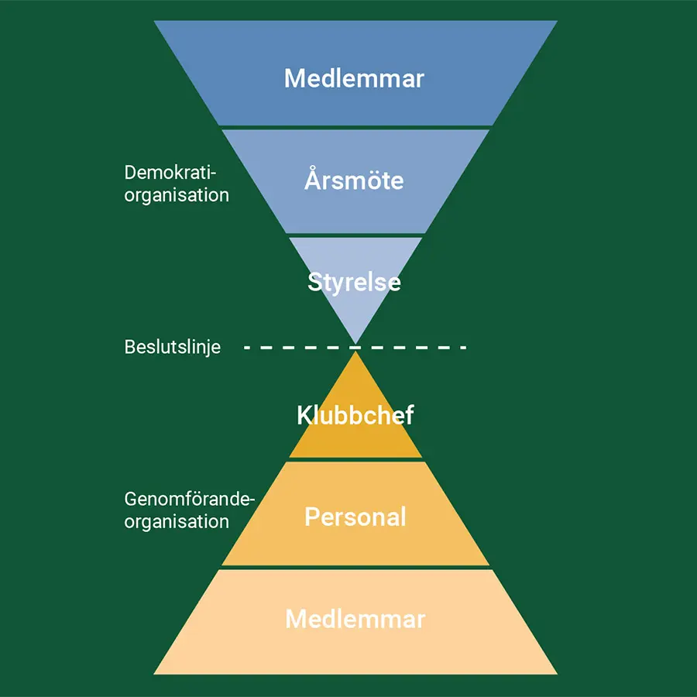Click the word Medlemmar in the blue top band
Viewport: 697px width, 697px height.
[x=354, y=78]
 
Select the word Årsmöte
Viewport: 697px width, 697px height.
[x=354, y=180]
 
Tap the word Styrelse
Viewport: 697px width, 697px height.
[x=354, y=281]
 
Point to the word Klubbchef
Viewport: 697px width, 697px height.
[x=355, y=415]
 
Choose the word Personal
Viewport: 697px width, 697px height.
[x=355, y=517]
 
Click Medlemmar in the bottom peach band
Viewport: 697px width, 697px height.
[x=355, y=619]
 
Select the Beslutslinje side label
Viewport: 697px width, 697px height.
[x=172, y=347]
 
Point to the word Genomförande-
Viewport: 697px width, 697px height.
[x=189, y=500]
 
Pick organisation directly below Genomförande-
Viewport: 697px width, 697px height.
[x=177, y=521]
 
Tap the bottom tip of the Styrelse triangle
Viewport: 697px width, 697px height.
[x=355, y=342]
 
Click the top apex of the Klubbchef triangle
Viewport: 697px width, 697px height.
[x=355, y=354]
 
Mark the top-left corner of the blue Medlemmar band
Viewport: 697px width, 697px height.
[x=156, y=22]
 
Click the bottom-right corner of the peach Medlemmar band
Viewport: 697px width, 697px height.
[x=555, y=673]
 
